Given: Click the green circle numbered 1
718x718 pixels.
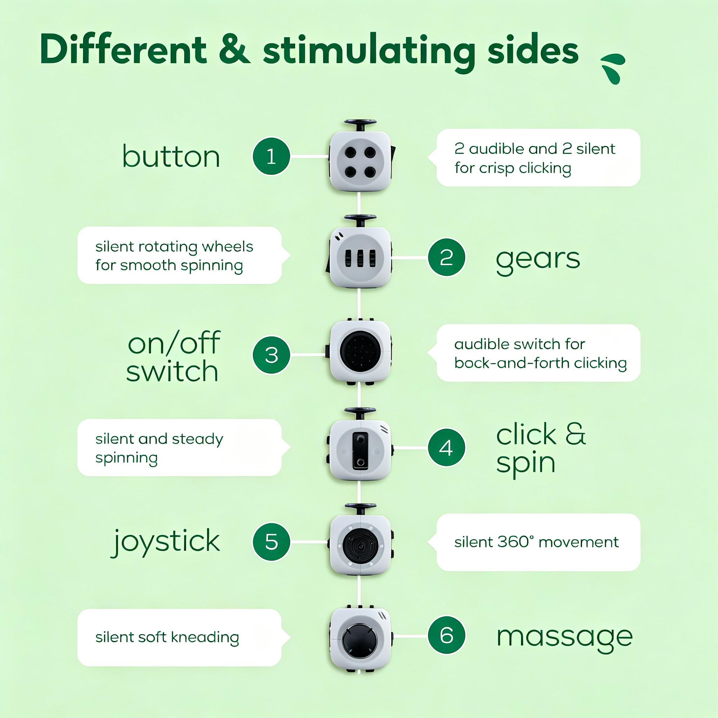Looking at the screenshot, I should pos(271,156).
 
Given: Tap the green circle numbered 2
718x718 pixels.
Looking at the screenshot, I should pos(446,257).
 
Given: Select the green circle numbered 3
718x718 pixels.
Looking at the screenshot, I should pos(271,354).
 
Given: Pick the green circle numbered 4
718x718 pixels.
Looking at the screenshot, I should pos(446,447).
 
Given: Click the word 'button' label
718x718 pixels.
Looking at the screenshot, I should pos(171,156).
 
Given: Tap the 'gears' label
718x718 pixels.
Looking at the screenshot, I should pos(538,259).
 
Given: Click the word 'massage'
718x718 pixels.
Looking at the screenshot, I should pos(564,637).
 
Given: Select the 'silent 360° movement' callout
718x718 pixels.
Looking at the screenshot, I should pos(538,542).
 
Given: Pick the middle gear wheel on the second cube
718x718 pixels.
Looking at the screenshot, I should pos(360,258).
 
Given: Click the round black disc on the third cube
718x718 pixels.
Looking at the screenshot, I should pos(360,352).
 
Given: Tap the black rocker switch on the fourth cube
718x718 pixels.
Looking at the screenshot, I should pos(360,449).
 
